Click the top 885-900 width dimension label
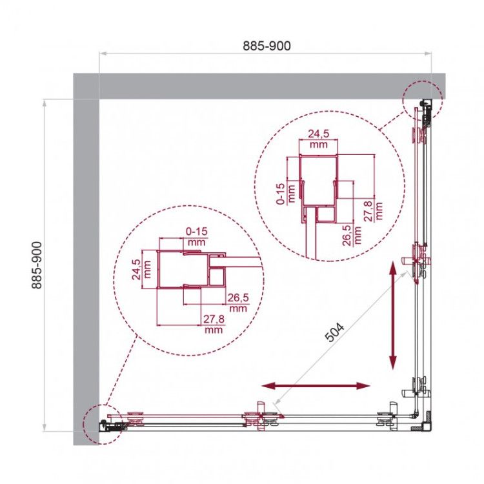[x=267, y=46]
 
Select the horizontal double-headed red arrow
[x=316, y=386]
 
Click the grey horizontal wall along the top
[x=258, y=86]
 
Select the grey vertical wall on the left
[x=85, y=258]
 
